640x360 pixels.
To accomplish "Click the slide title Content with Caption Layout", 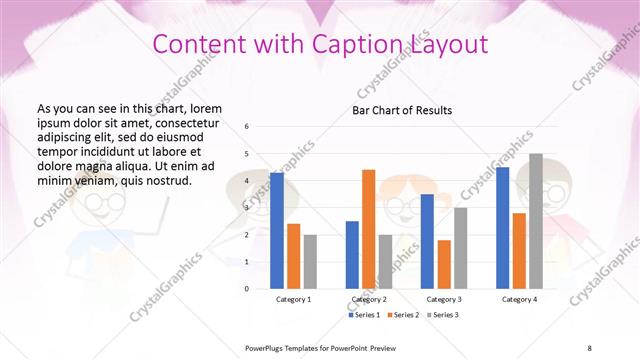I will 320,44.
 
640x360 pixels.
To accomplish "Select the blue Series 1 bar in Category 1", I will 277,230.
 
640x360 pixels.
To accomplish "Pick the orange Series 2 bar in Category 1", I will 293,256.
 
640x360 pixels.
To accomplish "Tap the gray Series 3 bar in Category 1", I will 310,261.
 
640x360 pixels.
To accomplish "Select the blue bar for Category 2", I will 352,254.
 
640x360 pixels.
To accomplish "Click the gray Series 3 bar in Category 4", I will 536,221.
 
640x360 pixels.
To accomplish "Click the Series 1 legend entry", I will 365,315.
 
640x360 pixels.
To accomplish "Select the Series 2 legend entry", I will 402,315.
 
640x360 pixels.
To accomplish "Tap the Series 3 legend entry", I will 440,315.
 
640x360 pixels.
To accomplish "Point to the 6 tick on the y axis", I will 247,126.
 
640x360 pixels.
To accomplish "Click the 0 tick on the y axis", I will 247,288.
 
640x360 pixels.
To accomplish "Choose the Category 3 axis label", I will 444,299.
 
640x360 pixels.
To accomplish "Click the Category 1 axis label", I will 293,299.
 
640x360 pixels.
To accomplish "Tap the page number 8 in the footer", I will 589,347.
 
